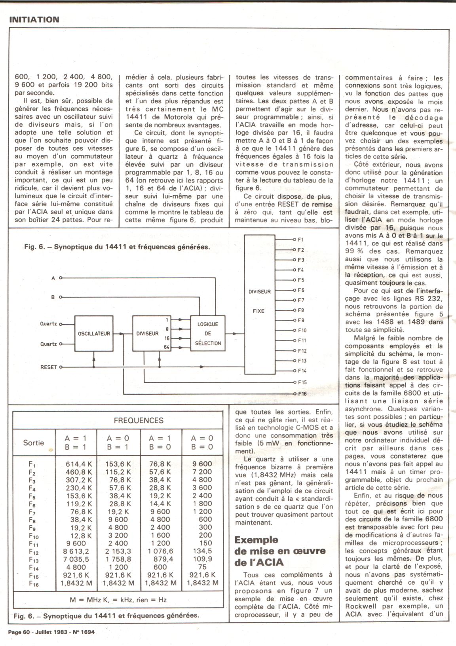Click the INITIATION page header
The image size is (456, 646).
pos(34,19)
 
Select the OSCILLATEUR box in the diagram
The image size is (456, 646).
pos(94,333)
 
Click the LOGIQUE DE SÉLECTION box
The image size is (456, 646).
pos(208,333)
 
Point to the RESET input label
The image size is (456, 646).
pos(49,367)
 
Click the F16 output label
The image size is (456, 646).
pos(302,393)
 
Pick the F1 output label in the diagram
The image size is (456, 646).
pos(300,239)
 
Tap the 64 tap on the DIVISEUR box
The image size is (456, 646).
pos(167,347)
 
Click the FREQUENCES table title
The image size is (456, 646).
pos(139,420)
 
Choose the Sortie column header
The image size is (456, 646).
pos(34,443)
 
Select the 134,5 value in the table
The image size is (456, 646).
pos(203,551)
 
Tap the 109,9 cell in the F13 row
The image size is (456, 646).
pos(203,559)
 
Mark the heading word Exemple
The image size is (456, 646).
pos(256,540)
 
